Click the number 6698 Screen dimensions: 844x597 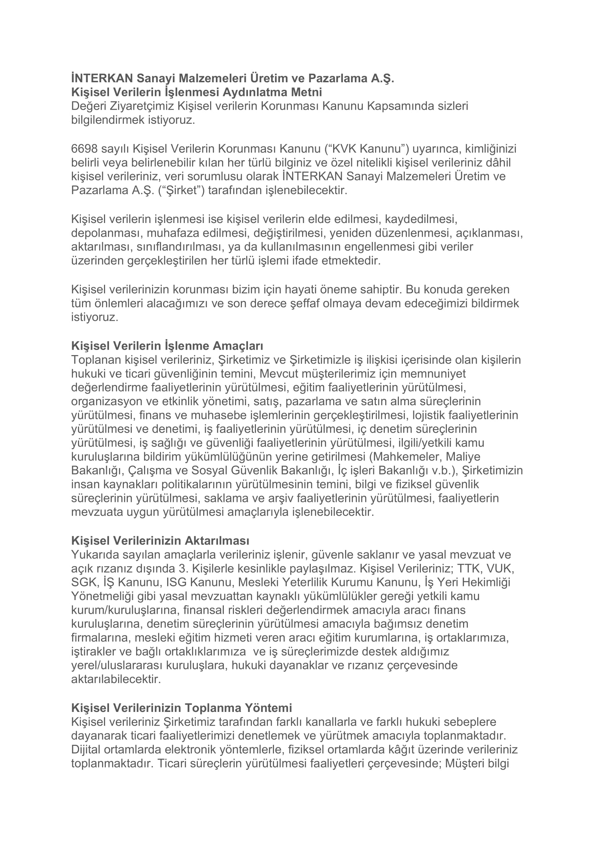pos(84,149)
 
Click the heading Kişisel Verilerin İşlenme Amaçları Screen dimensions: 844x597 pos(167,346)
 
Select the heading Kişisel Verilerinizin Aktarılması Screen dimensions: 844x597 pos(160,541)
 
